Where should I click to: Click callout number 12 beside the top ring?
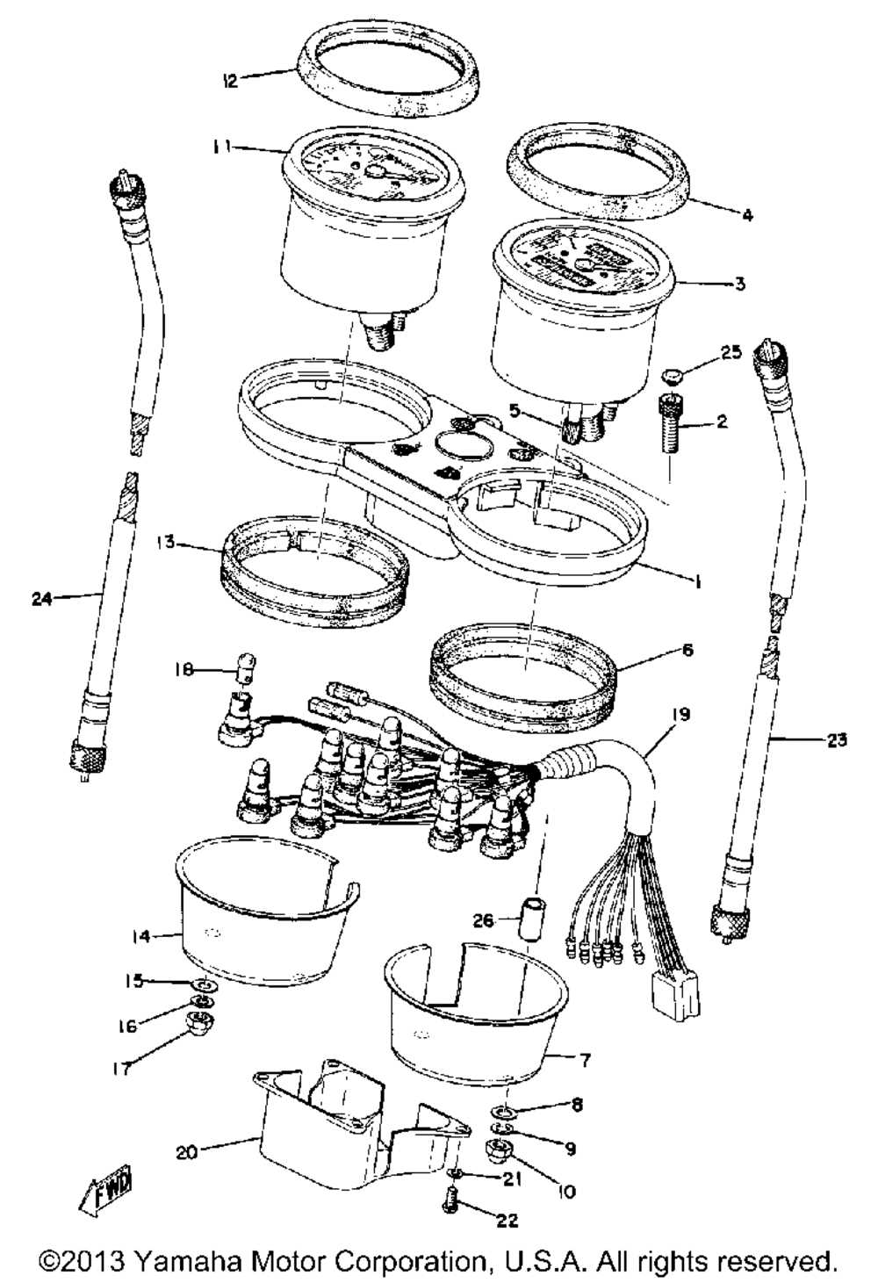tap(229, 81)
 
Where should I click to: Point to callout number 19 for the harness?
tap(681, 714)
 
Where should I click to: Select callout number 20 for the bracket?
tap(186, 1151)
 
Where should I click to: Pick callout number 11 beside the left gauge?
tap(223, 148)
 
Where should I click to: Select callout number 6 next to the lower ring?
tap(687, 650)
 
